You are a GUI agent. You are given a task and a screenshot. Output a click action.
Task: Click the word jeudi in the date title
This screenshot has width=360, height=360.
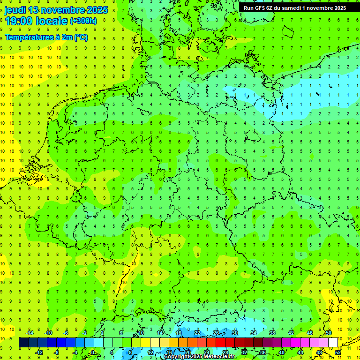point(15,10)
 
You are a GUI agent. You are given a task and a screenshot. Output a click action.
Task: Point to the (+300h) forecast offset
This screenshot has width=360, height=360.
point(83,21)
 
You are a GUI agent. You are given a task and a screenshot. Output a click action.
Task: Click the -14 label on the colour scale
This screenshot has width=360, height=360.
point(30,333)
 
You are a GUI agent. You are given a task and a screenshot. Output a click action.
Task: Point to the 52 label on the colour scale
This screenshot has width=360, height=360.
point(338,352)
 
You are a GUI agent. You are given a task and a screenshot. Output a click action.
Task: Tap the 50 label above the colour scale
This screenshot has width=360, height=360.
point(329,333)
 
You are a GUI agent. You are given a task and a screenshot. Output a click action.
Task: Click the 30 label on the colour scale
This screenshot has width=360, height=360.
point(235,333)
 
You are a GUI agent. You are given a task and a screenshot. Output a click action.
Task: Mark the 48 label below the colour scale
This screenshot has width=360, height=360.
point(319,352)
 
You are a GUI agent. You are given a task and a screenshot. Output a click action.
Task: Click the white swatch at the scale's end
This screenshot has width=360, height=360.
point(333,342)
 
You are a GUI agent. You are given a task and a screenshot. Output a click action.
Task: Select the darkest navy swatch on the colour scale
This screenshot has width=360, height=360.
point(23,342)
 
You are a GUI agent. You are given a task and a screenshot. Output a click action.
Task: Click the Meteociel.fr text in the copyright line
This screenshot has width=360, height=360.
point(220,357)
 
